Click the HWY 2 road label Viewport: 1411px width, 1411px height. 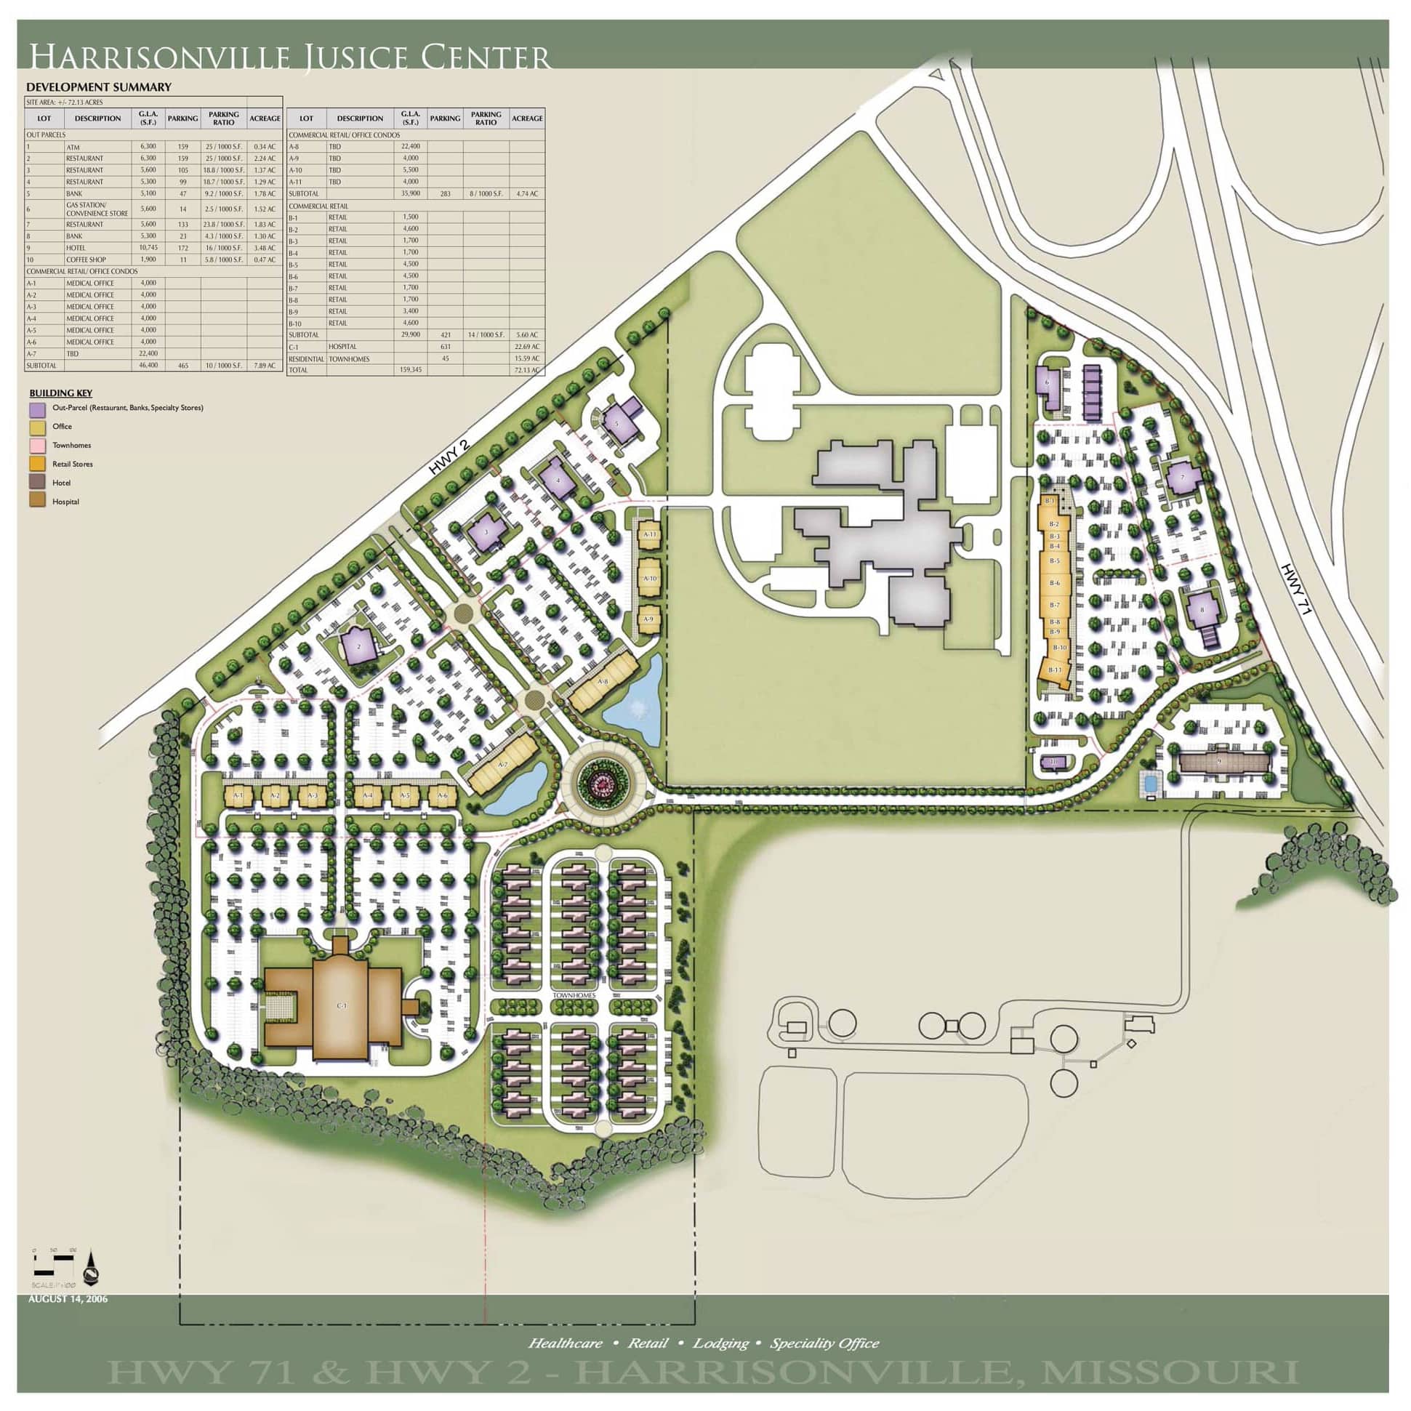coord(448,458)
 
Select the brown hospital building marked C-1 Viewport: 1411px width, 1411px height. coord(341,1005)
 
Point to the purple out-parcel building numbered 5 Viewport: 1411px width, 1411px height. coord(619,423)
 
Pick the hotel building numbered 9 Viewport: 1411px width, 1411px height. coord(1218,762)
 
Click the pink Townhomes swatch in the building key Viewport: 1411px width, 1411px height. coord(37,446)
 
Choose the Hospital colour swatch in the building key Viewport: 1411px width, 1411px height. coord(37,502)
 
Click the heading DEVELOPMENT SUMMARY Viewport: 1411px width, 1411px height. coord(99,87)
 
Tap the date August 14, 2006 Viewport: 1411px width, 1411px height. coord(68,1298)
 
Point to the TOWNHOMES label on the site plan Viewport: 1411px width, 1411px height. coord(574,996)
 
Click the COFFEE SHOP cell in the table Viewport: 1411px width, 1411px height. coord(87,260)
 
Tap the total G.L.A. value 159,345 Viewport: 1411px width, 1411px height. coord(411,370)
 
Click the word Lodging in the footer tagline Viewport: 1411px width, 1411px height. coord(720,1343)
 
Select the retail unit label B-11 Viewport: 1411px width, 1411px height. coord(1055,670)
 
